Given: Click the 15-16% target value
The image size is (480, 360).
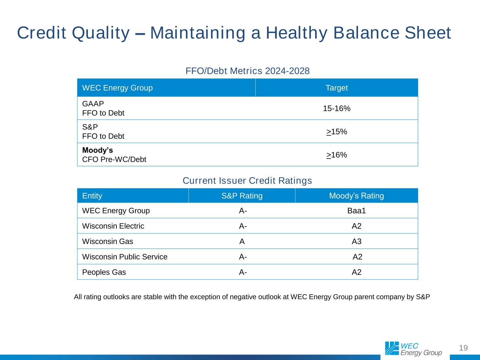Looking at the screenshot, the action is [x=337, y=108].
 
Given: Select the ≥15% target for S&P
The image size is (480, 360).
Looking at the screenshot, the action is [x=337, y=131].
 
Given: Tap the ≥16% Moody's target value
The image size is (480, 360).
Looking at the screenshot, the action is [x=337, y=155].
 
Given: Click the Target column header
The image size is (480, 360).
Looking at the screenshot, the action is [x=337, y=88].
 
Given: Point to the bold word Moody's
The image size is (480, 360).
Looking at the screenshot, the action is [x=97, y=150].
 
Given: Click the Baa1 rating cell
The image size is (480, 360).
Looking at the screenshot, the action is [x=357, y=211].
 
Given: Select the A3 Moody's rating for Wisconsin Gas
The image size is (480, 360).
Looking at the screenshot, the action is [x=357, y=241].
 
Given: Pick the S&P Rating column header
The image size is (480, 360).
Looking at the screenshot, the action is [x=242, y=196].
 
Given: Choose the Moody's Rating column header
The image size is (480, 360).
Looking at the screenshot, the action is [x=357, y=196].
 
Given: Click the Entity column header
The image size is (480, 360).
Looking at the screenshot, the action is [x=92, y=196].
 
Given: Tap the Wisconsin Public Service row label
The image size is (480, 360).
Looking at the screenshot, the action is [x=124, y=257].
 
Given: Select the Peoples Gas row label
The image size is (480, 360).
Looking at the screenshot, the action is [x=104, y=272].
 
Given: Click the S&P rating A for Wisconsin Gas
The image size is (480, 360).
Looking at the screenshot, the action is [x=242, y=241].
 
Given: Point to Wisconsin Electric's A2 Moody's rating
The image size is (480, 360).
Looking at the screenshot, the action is [x=357, y=226].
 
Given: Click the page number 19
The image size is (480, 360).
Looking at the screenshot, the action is [x=463, y=348].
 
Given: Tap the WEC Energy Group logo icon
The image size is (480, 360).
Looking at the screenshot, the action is [x=392, y=348].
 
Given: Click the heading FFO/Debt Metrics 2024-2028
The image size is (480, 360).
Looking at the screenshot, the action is [x=248, y=71].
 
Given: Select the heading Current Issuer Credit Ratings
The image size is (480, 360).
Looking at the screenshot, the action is [x=247, y=181].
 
